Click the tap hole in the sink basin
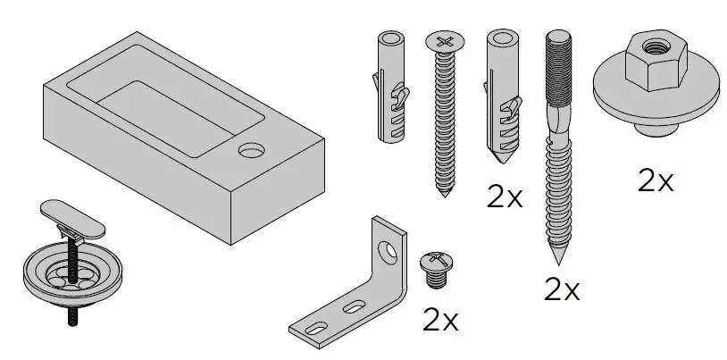251,149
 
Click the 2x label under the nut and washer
655,182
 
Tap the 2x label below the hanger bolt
562,289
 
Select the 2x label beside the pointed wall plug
505,197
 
